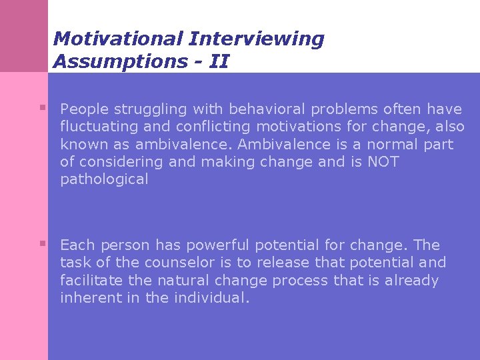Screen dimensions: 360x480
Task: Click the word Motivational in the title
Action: coord(118,39)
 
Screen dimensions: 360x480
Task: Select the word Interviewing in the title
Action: coord(256,39)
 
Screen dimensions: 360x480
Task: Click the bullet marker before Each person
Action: coord(42,244)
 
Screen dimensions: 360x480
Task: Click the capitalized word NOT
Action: coord(383,162)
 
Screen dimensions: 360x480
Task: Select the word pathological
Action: coord(104,180)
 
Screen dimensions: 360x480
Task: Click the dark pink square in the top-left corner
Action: coord(24,35)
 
